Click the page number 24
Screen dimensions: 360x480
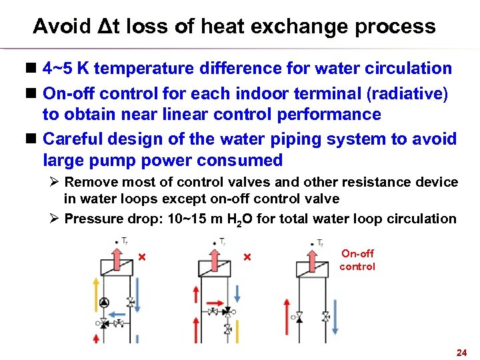[460, 351]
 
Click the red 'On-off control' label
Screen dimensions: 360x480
[357, 260]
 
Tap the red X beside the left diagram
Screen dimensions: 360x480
[141, 257]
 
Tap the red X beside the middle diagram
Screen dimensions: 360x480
[246, 257]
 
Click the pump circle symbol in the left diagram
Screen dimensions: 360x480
[103, 303]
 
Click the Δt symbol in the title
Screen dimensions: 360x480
[106, 27]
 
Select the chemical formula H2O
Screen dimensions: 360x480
[239, 219]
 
